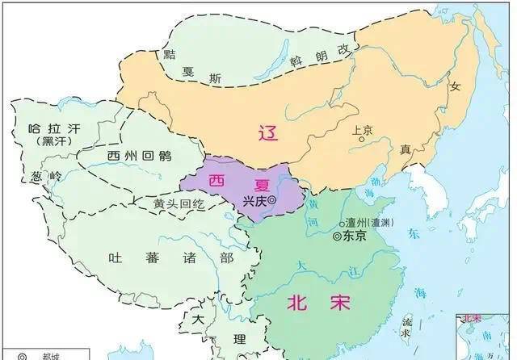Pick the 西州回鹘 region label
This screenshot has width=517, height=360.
(133, 155)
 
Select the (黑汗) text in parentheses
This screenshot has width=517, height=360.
(44, 141)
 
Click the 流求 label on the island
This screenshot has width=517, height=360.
(406, 326)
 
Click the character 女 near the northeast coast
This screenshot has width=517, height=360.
(455, 86)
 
